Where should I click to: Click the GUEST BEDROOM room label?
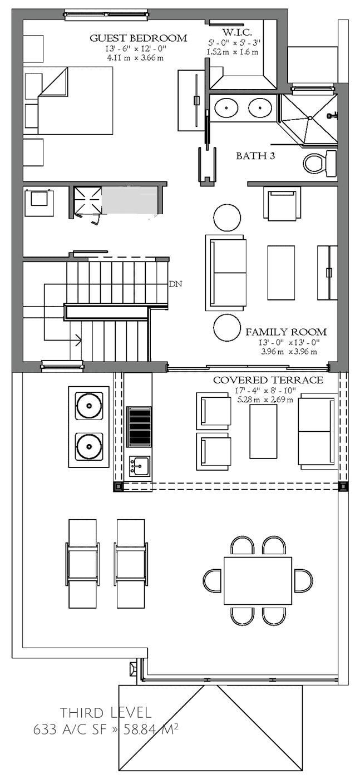pos(139,38)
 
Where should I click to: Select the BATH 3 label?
pos(255,156)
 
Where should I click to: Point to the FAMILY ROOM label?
pos(286,332)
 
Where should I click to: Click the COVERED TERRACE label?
pos(268,380)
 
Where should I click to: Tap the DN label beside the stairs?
pos(176,284)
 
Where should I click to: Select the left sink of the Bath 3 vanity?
pos(226,108)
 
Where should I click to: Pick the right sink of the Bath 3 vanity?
pos(259,108)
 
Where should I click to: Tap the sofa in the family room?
pos(225,273)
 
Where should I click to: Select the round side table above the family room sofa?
pos(227,218)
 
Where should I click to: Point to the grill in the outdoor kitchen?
pos(139,426)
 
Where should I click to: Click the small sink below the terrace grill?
pos(139,465)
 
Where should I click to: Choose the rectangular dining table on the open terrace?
pos(258,580)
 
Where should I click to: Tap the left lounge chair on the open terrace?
pos(82,563)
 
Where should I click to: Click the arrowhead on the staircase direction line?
pos(78,339)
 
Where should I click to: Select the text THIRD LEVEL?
pos(106,712)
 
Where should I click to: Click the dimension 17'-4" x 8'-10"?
pos(268,390)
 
